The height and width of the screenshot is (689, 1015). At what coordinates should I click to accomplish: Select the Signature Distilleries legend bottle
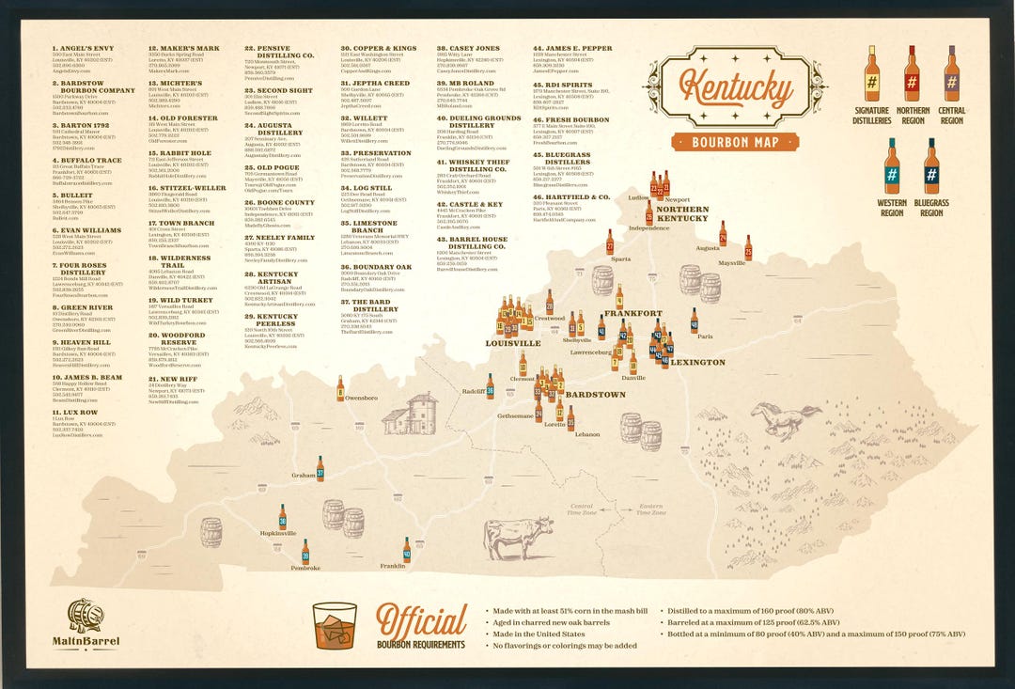pyautogui.click(x=871, y=74)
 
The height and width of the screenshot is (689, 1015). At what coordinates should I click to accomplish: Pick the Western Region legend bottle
pyautogui.click(x=891, y=166)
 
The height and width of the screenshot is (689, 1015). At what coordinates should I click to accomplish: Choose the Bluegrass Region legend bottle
pyautogui.click(x=930, y=166)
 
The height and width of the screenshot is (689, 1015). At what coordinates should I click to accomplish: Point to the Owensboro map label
pyautogui.click(x=361, y=399)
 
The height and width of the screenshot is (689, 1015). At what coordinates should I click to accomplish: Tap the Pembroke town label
pyautogui.click(x=305, y=569)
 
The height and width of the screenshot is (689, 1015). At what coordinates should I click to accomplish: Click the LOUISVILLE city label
pyautogui.click(x=512, y=344)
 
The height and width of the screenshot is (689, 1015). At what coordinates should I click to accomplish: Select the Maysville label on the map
pyautogui.click(x=731, y=263)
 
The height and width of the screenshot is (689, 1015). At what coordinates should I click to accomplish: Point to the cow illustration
pyautogui.click(x=518, y=538)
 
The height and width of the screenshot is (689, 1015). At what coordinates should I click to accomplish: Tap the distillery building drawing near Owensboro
pyautogui.click(x=410, y=413)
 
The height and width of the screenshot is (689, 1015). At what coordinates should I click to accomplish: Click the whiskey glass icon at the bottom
pyautogui.click(x=335, y=625)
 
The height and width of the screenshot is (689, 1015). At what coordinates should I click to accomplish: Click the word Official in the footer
pyautogui.click(x=421, y=620)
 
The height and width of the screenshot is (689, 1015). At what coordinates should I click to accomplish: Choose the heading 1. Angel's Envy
pyautogui.click(x=82, y=48)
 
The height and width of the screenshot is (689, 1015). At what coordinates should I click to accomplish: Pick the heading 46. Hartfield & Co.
pyautogui.click(x=571, y=197)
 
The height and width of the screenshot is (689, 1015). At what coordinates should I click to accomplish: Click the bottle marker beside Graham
pyautogui.click(x=320, y=468)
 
